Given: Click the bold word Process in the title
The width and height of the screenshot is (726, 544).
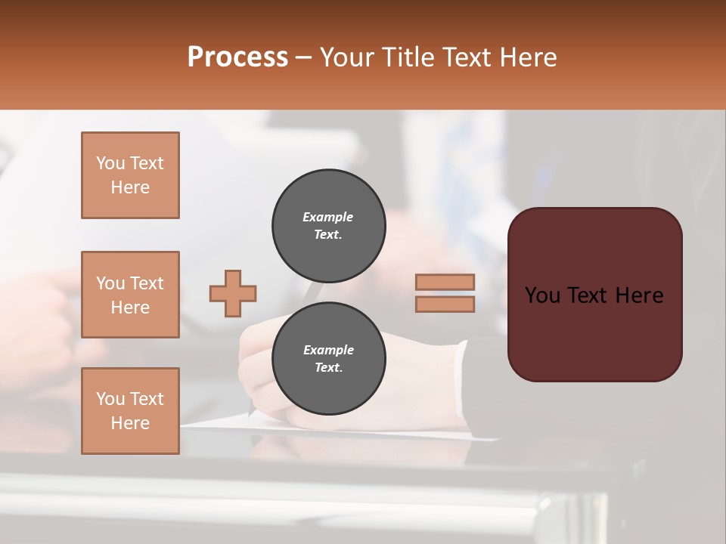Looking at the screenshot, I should tap(237, 57).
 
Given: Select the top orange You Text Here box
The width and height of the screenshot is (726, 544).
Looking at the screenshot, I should tap(130, 175).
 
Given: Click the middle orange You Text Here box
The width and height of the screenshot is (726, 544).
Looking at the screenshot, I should tap(130, 295).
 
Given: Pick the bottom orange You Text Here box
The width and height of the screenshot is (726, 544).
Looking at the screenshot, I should tap(130, 411).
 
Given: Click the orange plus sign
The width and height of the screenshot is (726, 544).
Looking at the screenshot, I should tap(233, 293).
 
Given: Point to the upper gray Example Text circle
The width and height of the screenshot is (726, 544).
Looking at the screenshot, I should tap(328, 226).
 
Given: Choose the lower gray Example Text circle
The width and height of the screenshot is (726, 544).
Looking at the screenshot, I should tap(328, 359).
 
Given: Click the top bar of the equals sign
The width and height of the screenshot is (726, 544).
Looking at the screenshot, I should tap(445, 282).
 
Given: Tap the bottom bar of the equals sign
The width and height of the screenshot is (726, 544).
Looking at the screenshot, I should tap(445, 304).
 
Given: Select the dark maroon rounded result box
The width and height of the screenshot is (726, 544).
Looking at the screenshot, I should tap(594, 332).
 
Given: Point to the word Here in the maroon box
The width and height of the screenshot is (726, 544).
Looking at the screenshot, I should tap(639, 295).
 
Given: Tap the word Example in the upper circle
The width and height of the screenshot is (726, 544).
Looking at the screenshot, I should tap(328, 217).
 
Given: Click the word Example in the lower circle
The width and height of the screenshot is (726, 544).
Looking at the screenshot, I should tap(328, 350).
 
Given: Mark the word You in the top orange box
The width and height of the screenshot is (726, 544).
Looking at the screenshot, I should tap(110, 163).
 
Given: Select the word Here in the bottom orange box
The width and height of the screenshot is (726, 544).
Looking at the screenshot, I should tap(130, 423).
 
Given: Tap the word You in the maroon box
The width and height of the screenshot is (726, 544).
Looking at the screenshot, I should tap(541, 295).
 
